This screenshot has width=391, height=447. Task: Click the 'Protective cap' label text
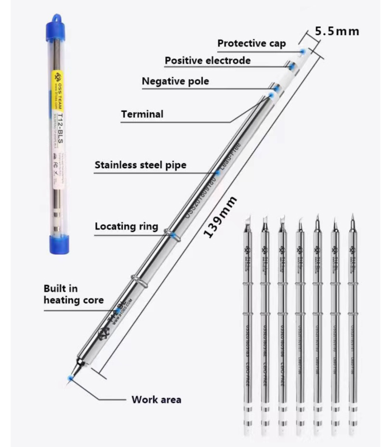coord(251,44)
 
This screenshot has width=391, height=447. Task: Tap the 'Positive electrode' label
coord(207,60)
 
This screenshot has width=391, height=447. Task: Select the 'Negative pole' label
coord(175,82)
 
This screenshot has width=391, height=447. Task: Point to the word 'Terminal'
coord(142,115)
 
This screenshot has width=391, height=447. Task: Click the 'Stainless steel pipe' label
coord(140,165)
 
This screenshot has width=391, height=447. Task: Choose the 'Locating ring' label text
coord(126,227)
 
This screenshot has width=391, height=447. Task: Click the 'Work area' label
coord(156,400)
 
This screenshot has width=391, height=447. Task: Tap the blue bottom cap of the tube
coord(58,241)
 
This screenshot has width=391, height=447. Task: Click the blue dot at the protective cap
coord(302,51)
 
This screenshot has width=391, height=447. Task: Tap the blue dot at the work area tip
coord(69,378)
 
